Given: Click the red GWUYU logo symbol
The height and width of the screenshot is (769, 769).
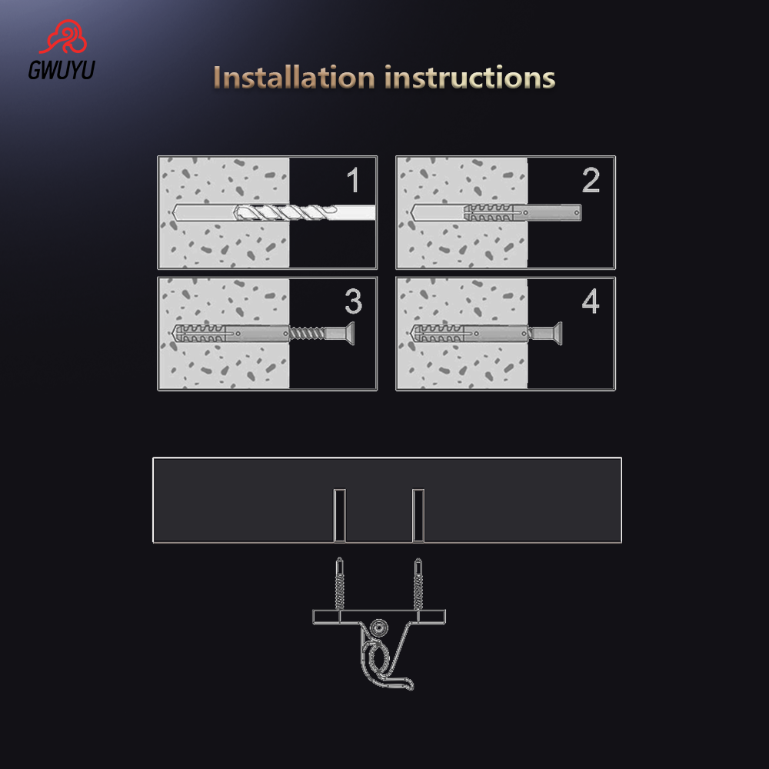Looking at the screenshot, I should point(61,40).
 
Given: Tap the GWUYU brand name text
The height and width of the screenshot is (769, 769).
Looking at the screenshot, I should point(62,72).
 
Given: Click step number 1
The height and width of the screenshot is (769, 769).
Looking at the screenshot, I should point(352,181).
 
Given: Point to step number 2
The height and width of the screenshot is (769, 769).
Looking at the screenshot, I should point(591,181).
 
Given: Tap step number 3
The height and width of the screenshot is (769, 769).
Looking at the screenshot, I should point(353,302).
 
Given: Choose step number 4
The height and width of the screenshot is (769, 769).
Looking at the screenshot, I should point(590,302).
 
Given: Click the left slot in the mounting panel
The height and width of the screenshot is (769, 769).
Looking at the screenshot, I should point(340,514).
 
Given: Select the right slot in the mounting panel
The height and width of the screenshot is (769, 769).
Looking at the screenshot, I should point(418,514).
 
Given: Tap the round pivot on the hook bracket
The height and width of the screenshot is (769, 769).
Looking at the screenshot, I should point(378,628).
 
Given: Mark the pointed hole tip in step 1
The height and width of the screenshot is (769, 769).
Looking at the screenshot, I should point(171,212).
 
